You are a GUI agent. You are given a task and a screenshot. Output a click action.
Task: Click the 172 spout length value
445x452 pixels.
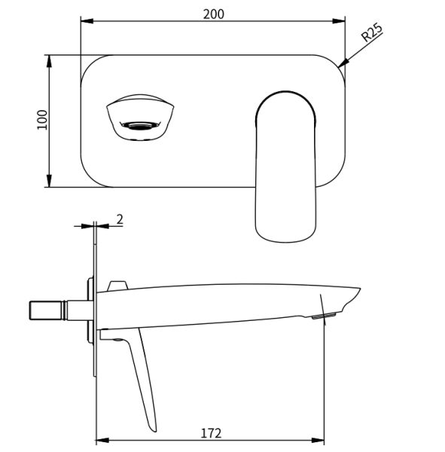coord(211,433)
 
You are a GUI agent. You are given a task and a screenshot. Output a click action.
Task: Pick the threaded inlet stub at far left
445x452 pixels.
coord(45,310)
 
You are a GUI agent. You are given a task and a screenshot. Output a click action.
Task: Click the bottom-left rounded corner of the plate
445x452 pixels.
coord(89,178)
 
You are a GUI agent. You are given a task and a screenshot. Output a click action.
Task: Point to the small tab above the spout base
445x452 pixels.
coord(117,286)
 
